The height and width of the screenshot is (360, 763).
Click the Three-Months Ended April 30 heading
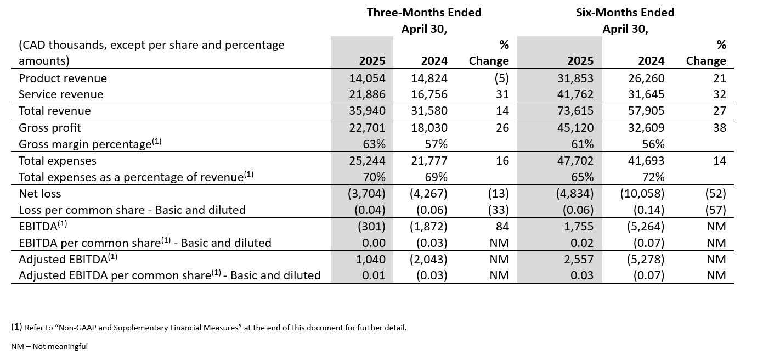pyautogui.click(x=423, y=20)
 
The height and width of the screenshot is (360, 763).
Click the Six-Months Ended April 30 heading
pyautogui.click(x=625, y=20)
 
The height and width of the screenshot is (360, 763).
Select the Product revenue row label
pyautogui.click(x=63, y=78)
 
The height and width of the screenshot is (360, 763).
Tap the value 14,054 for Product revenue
pyautogui.click(x=368, y=78)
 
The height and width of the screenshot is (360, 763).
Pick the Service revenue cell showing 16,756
pyautogui.click(x=429, y=94)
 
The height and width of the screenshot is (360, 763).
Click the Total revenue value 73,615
pyautogui.click(x=575, y=111)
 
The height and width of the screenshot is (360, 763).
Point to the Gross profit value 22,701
pyautogui.click(x=368, y=127)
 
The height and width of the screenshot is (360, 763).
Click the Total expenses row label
pyautogui.click(x=58, y=160)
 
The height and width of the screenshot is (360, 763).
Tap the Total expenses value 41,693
pyautogui.click(x=646, y=160)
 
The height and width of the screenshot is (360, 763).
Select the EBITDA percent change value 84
pyautogui.click(x=502, y=226)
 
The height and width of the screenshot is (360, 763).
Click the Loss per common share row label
pyautogui.click(x=132, y=210)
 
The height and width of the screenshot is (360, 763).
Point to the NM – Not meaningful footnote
pyautogui.click(x=49, y=346)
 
